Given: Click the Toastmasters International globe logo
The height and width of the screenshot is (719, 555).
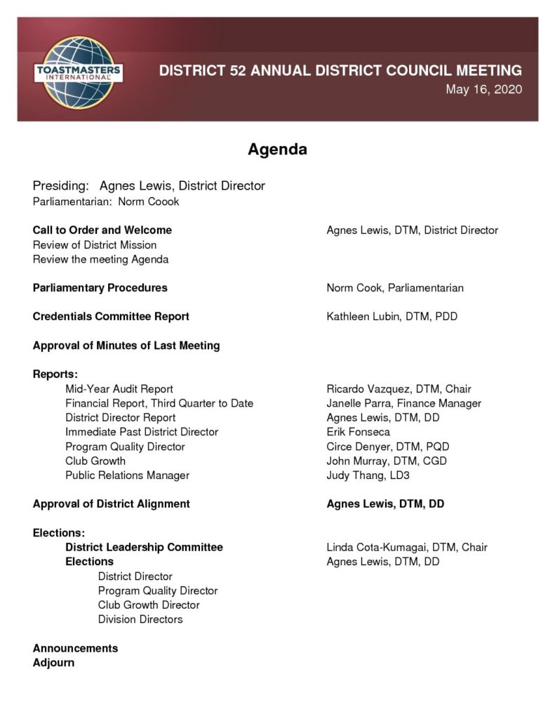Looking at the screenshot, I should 79,70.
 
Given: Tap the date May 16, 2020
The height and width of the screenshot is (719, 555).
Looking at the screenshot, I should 483,91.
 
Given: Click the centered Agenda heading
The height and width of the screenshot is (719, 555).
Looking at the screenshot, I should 277,150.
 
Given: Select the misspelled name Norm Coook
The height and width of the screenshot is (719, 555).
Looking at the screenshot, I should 148,202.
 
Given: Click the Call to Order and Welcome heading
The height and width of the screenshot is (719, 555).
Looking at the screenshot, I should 102,230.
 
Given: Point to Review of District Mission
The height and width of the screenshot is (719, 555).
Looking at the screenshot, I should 95,245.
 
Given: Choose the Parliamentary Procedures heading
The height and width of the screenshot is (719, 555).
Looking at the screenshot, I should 100,288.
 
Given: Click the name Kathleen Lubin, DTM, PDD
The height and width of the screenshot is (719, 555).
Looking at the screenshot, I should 392,317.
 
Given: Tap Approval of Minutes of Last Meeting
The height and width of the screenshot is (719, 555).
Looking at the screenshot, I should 126,345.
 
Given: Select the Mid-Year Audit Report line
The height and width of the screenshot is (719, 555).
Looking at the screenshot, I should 119,389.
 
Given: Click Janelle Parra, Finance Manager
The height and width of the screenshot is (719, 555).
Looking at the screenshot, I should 403,403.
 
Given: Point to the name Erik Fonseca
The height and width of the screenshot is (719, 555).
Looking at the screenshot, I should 358,432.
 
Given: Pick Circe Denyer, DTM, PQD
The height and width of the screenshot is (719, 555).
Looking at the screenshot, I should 387,447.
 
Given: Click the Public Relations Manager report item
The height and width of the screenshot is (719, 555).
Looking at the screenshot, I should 127,475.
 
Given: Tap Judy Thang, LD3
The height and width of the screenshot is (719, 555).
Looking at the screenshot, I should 368,475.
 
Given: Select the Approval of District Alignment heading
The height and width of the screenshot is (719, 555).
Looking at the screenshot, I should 112,504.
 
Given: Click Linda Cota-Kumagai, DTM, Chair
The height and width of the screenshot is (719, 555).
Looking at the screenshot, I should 407,547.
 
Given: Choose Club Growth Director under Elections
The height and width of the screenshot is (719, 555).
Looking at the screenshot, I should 149,605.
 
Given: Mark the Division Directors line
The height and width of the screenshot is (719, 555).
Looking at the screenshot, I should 140,619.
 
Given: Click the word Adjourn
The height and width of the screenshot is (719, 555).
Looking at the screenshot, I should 53,662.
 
